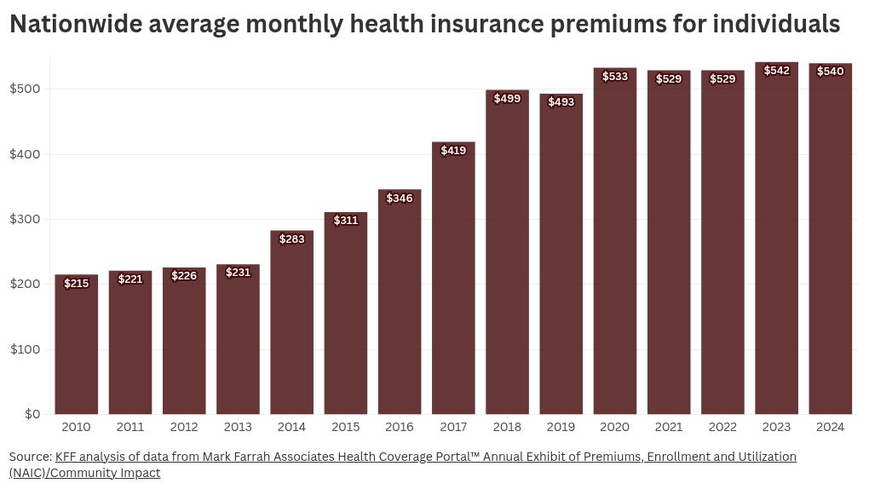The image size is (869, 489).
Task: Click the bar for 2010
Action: (x=77, y=344)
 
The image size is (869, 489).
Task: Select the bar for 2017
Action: (x=453, y=279)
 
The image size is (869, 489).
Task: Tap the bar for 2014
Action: (x=291, y=322)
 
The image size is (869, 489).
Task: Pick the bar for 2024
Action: (x=830, y=239)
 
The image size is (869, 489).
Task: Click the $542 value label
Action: (x=776, y=71)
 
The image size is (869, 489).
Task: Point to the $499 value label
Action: (x=507, y=99)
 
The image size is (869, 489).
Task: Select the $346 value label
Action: (x=400, y=198)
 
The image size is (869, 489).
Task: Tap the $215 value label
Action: (x=77, y=284)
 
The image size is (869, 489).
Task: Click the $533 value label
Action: (x=615, y=77)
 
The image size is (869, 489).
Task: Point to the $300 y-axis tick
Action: (x=25, y=219)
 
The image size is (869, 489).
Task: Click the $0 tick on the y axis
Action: (x=32, y=414)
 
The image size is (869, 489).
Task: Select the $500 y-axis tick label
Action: (x=25, y=89)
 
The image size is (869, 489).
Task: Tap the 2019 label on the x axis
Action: (x=561, y=427)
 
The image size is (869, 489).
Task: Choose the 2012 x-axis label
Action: (x=184, y=427)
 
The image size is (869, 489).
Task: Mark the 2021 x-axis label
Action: (x=669, y=427)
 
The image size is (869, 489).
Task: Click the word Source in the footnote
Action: (x=31, y=457)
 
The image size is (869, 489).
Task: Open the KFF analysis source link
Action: (x=403, y=464)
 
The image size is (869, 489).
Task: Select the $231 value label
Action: (x=238, y=273)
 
